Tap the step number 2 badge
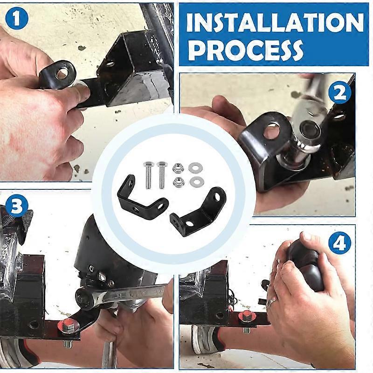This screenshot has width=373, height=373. tap(339, 95)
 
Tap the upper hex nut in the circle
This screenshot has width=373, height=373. tap(177, 167)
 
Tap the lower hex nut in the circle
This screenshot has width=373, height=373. tap(177, 182)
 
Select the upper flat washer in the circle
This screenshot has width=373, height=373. tap(193, 166)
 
